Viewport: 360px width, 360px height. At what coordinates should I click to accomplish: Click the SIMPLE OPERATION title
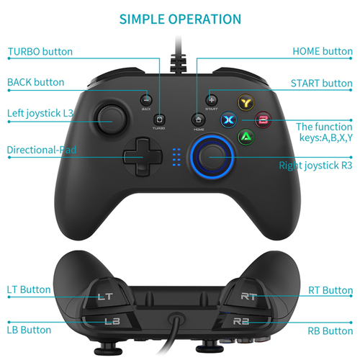click(x=180, y=19)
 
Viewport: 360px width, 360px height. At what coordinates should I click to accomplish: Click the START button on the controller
click(x=211, y=99)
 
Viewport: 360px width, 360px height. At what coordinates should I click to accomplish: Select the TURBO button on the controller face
click(x=158, y=118)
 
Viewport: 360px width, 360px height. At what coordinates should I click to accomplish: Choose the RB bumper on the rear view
click(x=241, y=320)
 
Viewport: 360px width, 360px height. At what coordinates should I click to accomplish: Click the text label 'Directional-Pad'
click(x=41, y=150)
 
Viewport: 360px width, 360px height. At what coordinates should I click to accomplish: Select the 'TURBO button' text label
click(x=40, y=52)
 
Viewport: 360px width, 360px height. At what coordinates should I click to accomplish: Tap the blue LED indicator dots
click(x=176, y=156)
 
